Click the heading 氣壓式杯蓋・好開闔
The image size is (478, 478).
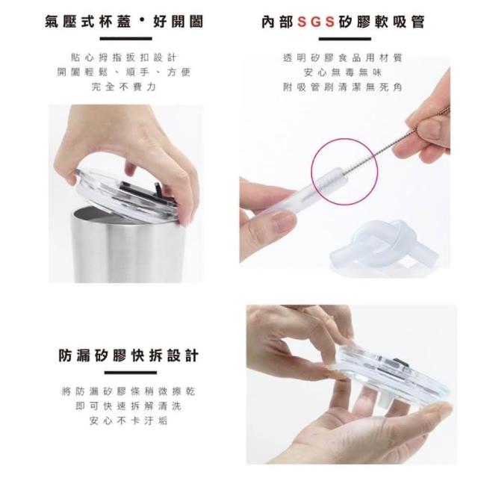pyautogui.click(x=124, y=22)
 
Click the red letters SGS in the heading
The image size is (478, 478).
pyautogui.click(x=316, y=22)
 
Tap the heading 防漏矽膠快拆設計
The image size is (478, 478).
pyautogui.click(x=128, y=356)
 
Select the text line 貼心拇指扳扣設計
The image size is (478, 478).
pyautogui.click(x=123, y=58)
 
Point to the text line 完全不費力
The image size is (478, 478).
pyautogui.click(x=124, y=87)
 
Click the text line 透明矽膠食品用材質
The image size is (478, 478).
pyautogui.click(x=343, y=58)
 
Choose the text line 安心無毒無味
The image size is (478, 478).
pyautogui.click(x=343, y=72)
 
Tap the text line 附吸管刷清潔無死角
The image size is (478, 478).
pyautogui.click(x=343, y=87)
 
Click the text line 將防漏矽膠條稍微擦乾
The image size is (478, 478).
pyautogui.click(x=128, y=391)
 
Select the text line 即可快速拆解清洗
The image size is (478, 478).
pyautogui.click(x=128, y=406)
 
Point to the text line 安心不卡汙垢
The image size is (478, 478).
pyautogui.click(x=128, y=421)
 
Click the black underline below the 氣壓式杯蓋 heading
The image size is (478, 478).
pyautogui.click(x=126, y=39)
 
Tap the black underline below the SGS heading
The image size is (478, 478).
pyautogui.click(x=345, y=39)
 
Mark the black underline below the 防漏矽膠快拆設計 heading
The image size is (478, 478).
pyautogui.click(x=131, y=373)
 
